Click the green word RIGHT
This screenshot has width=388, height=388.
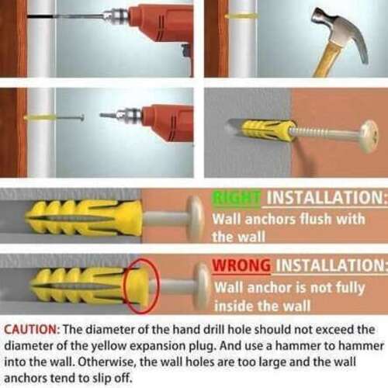point(237,199)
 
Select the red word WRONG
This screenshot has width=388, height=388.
point(241,265)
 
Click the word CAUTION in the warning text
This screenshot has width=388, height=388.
point(32,330)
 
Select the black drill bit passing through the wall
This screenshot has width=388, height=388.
point(64,16)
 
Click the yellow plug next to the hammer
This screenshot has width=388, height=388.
point(241,16)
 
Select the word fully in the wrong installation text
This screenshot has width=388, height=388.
point(350,288)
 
